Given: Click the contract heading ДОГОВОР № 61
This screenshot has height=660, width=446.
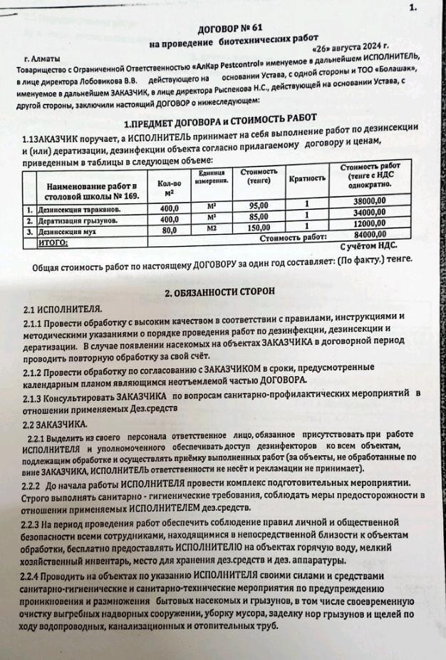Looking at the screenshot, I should point(227,30).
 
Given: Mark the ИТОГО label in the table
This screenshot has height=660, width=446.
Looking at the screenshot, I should point(53,243).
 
